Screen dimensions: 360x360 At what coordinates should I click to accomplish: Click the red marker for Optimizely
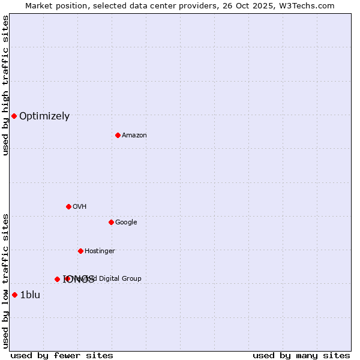(x=14, y=116)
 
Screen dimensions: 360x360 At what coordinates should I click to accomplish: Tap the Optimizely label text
(x=44, y=116)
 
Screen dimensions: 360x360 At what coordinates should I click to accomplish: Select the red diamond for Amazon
(x=118, y=135)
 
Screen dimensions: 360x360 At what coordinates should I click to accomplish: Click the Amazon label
(x=134, y=136)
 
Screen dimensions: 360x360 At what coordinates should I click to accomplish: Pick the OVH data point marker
(x=68, y=206)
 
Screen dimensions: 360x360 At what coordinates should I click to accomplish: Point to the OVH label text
(x=80, y=207)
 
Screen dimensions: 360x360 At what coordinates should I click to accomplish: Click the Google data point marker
(x=111, y=222)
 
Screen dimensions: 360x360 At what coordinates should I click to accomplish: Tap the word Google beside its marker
(x=126, y=223)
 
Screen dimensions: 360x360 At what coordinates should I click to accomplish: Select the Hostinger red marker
(x=80, y=251)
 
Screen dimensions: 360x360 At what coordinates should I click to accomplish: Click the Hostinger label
(x=100, y=251)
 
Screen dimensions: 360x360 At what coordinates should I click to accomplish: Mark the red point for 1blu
(x=14, y=295)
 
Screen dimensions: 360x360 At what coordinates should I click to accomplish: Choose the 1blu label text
(x=30, y=295)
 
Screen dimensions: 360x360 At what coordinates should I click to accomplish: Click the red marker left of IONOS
(x=57, y=279)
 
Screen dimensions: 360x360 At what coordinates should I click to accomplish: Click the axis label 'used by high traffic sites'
(x=5, y=85)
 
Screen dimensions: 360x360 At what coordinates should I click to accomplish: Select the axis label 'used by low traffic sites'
(x=5, y=280)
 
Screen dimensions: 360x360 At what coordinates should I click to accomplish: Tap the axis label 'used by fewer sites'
(x=62, y=355)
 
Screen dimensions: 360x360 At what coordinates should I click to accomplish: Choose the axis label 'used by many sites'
(x=301, y=355)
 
